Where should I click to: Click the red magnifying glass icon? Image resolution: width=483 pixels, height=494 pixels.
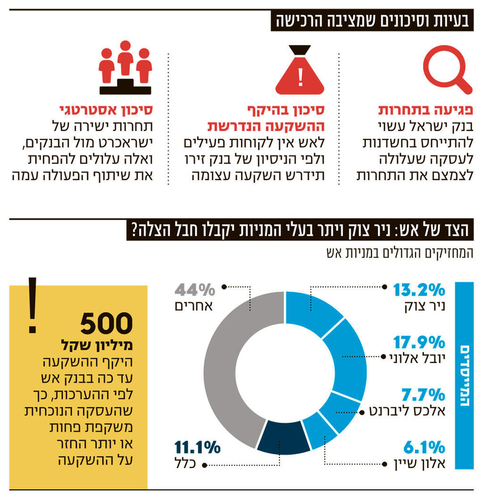(446, 72)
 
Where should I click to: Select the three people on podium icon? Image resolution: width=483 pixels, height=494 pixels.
(125, 68)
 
